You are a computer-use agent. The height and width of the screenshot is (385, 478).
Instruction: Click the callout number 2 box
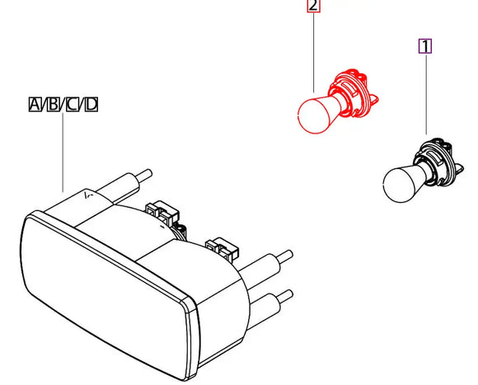pyautogui.click(x=313, y=6)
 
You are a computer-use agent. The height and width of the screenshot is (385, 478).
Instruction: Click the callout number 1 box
pyautogui.click(x=425, y=46)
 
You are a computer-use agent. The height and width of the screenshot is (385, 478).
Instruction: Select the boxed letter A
pyautogui.click(x=35, y=105)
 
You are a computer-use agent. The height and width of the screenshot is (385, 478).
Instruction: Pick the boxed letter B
pyautogui.click(x=54, y=105)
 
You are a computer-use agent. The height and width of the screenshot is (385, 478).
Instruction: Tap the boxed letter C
pyautogui.click(x=73, y=105)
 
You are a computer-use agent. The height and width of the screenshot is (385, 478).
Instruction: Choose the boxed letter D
pyautogui.click(x=91, y=105)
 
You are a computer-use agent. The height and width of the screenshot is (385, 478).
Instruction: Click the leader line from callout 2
pyautogui.click(x=314, y=52)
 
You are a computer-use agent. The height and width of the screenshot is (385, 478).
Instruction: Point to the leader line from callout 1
pyautogui.click(x=426, y=94)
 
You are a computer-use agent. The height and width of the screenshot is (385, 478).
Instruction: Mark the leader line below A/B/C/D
pyautogui.click(x=63, y=153)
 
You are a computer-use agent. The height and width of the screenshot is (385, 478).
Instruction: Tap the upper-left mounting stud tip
pyautogui.click(x=148, y=174)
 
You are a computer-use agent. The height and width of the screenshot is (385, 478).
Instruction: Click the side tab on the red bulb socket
pyautogui.click(x=373, y=101)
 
